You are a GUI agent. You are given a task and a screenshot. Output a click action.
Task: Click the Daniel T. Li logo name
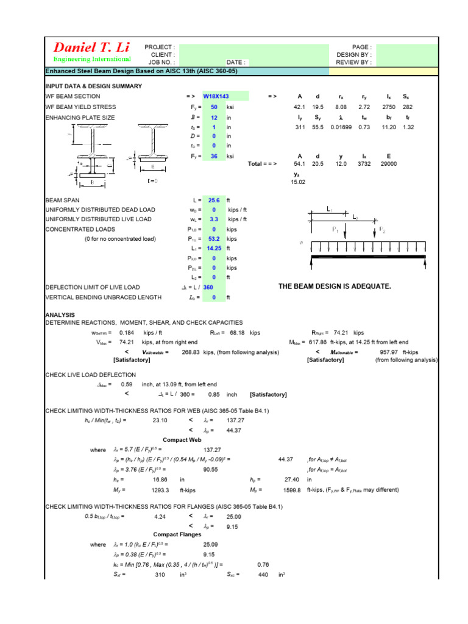(92, 48)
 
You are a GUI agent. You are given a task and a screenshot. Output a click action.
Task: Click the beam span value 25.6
(214, 200)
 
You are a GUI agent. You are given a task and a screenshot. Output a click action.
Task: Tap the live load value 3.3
(214, 219)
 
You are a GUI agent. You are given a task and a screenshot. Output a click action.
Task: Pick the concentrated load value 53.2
(214, 239)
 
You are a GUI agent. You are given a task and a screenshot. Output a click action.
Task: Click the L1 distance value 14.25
(214, 249)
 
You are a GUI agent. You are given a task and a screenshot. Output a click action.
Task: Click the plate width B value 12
(214, 117)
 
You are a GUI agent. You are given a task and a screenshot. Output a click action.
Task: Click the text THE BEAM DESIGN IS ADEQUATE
(335, 286)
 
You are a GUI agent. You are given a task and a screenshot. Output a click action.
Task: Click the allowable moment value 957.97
(392, 352)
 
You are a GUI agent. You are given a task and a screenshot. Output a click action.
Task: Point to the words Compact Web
(181, 440)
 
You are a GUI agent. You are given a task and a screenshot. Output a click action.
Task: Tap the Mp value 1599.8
(292, 490)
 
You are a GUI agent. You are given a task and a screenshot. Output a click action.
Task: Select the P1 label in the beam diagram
(336, 230)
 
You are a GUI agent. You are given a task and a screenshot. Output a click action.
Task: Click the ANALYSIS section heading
(60, 315)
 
